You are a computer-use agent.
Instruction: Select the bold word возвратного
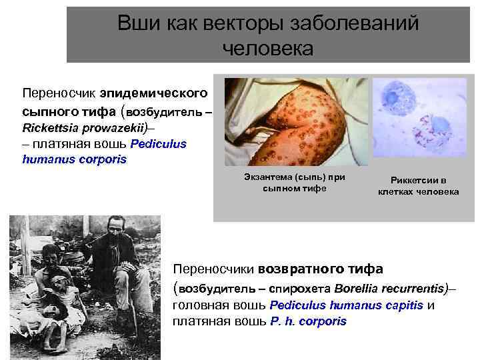tap(307, 269)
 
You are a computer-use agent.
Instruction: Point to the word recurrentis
tap(414, 289)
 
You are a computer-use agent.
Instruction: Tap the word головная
tap(198, 305)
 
